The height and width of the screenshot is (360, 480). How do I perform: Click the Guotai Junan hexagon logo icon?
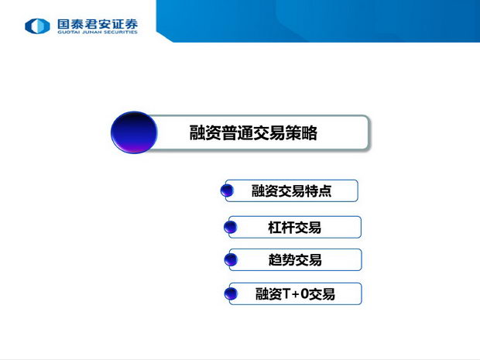coord(37,26)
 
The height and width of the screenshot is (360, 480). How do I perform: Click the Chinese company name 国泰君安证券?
coord(98,24)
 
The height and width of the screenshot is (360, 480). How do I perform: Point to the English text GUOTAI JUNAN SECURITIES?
coord(98,32)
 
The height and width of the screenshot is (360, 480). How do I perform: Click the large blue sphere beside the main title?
coord(134,132)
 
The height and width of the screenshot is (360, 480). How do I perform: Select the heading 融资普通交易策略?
coord(253,133)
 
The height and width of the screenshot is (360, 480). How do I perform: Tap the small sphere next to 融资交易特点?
coord(227,190)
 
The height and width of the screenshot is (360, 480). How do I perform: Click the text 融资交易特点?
coord(291,190)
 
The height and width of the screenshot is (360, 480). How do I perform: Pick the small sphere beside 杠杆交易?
coord(231,227)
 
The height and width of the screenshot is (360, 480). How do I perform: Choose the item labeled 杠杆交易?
coord(294,228)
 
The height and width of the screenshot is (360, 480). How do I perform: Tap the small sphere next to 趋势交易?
coord(231,260)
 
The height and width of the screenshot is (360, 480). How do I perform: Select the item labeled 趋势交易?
coord(295,260)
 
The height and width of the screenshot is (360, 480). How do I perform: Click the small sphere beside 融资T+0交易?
coord(231,293)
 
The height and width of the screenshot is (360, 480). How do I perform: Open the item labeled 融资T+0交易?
coord(295,294)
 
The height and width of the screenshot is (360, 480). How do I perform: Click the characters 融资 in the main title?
coord(205,133)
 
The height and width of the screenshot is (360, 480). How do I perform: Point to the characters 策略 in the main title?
coord(301,133)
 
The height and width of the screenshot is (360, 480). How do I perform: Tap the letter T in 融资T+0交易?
coord(286,294)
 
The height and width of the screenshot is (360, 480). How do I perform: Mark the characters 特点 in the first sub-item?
coord(318,190)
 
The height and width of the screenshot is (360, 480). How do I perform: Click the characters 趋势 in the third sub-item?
coord(282,260)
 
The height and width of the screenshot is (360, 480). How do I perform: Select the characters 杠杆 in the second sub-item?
coord(281,228)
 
